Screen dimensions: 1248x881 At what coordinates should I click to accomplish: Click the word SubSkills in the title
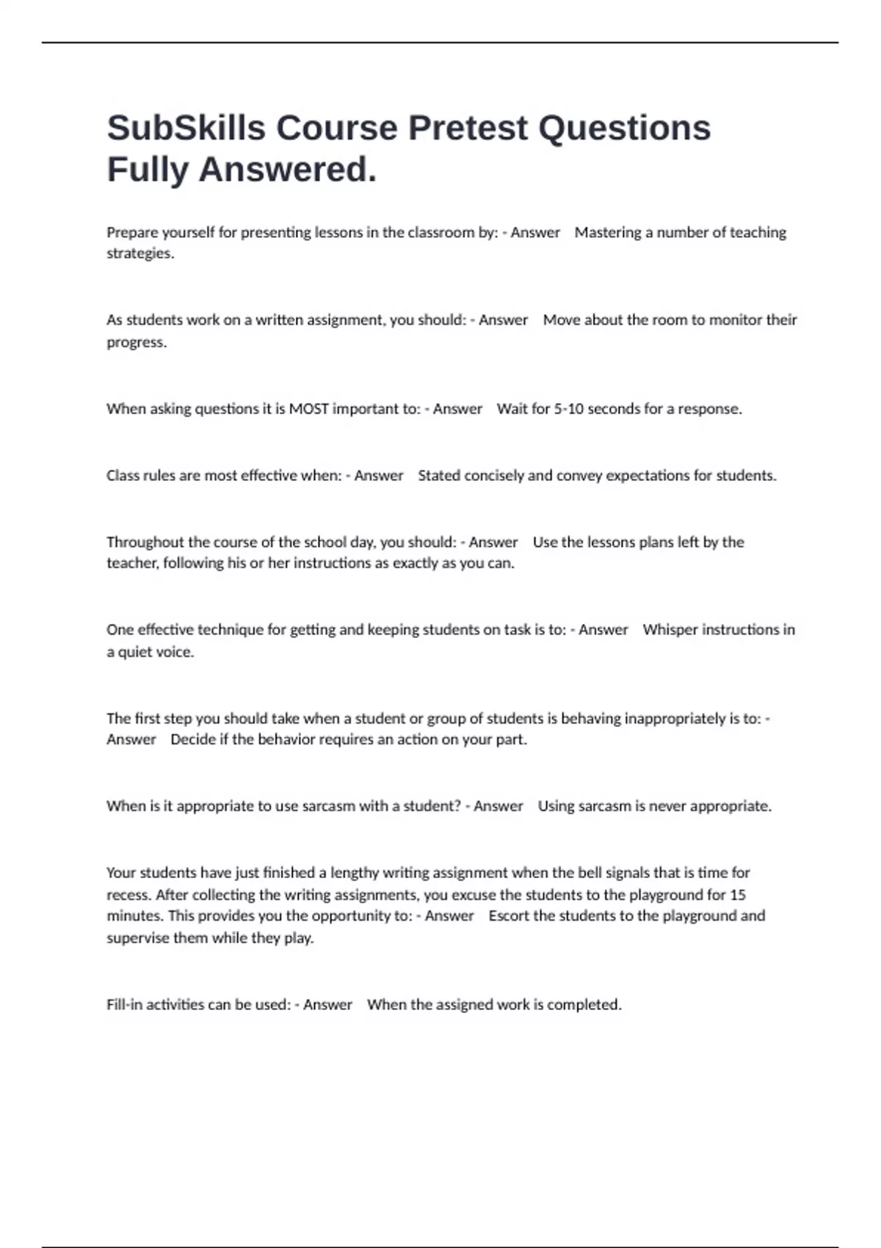click(x=186, y=128)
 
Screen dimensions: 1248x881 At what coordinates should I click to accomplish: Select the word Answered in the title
click(x=287, y=170)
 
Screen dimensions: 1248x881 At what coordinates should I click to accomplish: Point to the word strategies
click(x=140, y=254)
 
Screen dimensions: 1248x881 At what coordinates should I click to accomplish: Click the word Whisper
click(x=670, y=630)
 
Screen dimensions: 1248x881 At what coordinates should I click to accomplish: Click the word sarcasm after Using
click(x=605, y=806)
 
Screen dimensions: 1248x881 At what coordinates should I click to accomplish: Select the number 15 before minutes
click(x=738, y=895)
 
